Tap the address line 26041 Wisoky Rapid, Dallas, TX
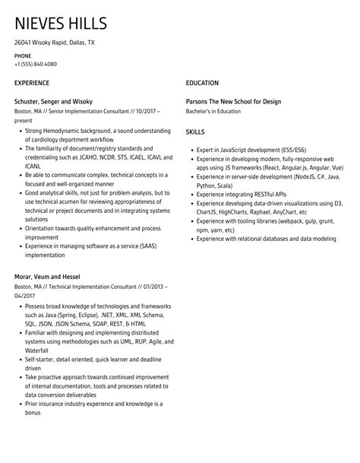click(55, 43)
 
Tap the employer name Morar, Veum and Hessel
click(47, 276)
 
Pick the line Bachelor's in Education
click(213, 111)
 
